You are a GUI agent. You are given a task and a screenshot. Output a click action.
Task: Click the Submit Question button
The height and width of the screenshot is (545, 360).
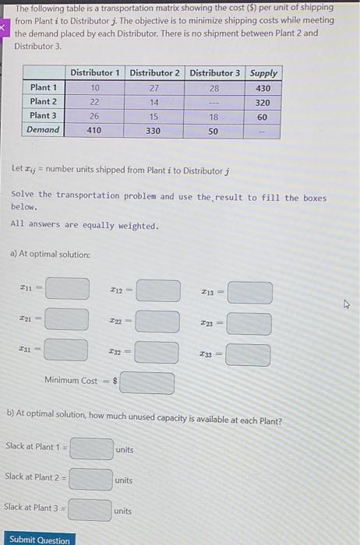39,539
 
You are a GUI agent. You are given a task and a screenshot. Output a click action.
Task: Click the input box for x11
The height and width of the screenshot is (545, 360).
66,289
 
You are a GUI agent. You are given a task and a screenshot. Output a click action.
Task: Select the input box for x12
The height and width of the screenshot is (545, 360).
158,290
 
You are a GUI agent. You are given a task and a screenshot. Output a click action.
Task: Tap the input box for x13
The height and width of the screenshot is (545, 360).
249,293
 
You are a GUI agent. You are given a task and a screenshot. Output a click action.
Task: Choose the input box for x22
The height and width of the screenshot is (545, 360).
157,321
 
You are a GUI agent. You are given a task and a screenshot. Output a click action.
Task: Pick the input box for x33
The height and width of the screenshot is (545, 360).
249,355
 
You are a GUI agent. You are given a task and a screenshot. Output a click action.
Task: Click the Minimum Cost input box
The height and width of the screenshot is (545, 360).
147,382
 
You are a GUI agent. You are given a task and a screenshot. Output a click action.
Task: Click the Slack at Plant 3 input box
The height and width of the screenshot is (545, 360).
89,509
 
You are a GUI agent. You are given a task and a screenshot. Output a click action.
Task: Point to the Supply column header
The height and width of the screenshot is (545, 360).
263,72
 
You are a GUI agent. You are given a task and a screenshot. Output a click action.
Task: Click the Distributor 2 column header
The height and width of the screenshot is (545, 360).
154,72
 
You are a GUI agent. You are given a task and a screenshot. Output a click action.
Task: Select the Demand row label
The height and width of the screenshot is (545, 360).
44,130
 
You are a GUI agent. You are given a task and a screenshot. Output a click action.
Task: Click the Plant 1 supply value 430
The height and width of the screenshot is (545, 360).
263,88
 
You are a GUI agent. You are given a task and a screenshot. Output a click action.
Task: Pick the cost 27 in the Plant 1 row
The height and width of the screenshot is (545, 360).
154,88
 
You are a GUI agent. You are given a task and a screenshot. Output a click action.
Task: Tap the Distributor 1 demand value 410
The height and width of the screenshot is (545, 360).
94,130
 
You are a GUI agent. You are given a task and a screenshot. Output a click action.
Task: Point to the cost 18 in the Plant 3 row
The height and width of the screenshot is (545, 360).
214,116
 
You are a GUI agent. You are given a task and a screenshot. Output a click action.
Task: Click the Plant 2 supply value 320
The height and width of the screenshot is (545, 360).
263,102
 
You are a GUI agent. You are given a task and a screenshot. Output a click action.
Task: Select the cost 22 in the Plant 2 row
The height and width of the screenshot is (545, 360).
94,102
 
